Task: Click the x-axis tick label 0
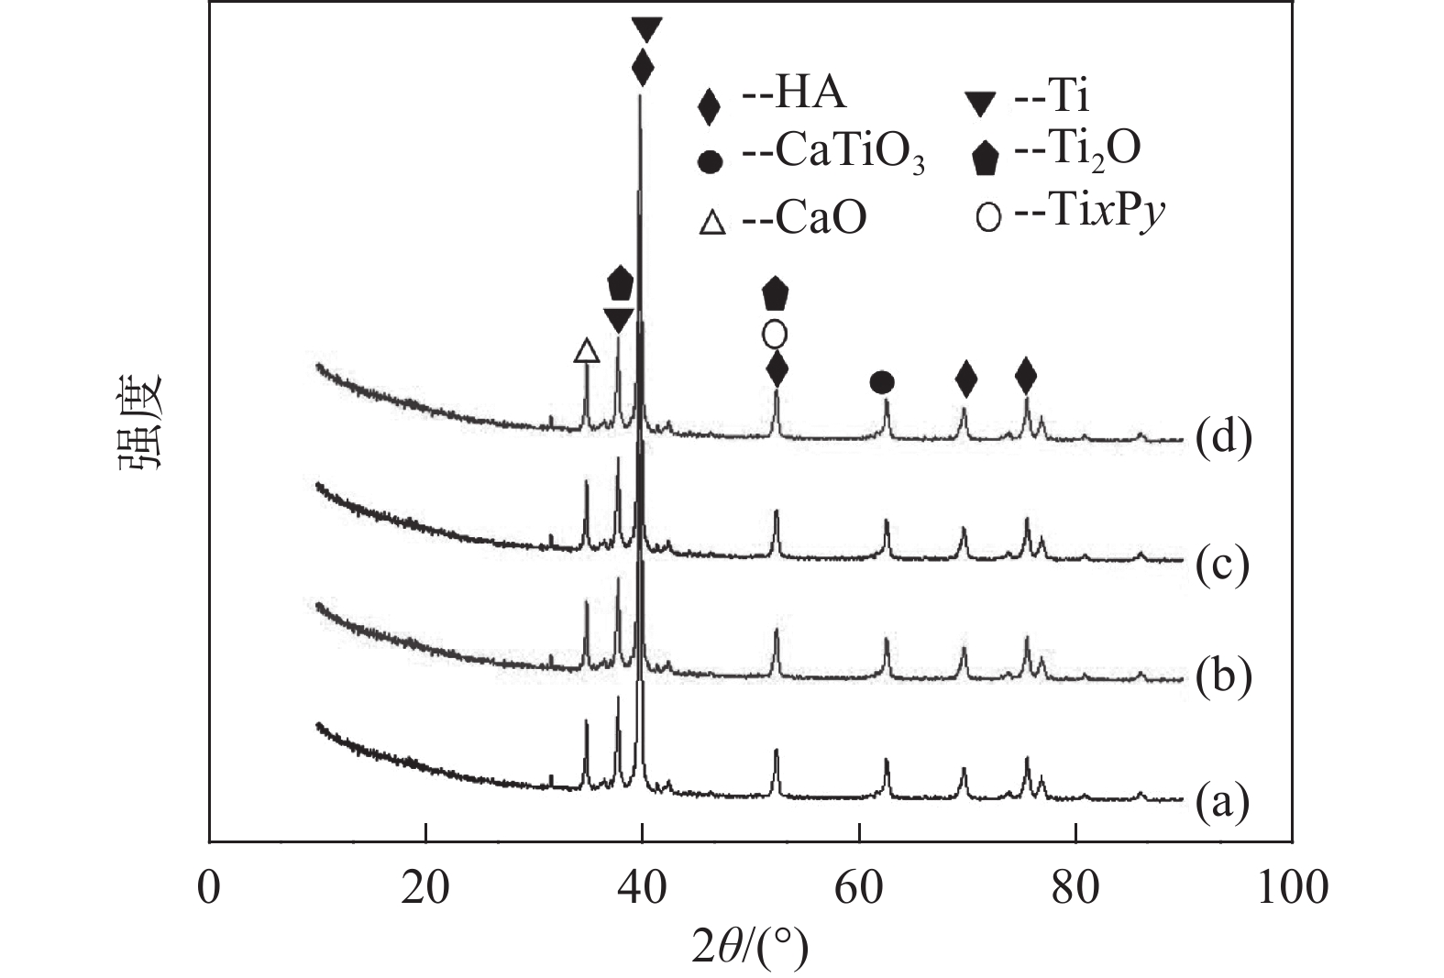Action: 210,887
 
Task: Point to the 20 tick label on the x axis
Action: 426,887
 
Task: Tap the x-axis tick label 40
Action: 643,887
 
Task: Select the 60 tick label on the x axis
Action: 859,887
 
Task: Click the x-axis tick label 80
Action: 1075,887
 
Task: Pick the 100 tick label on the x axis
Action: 1292,887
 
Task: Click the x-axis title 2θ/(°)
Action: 751,947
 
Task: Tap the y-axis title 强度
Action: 139,421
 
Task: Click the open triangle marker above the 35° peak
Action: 587,350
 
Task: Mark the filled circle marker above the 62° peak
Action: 881,382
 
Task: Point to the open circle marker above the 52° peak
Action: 775,334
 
